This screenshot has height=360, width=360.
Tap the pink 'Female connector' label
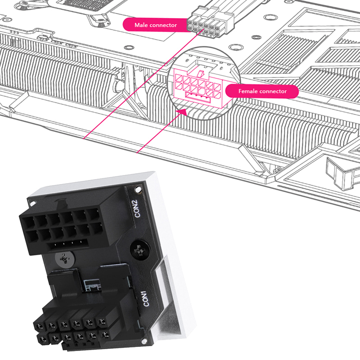click(262, 91)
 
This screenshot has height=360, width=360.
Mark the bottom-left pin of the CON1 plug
click(42, 338)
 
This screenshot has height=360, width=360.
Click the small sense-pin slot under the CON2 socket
click(67, 243)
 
